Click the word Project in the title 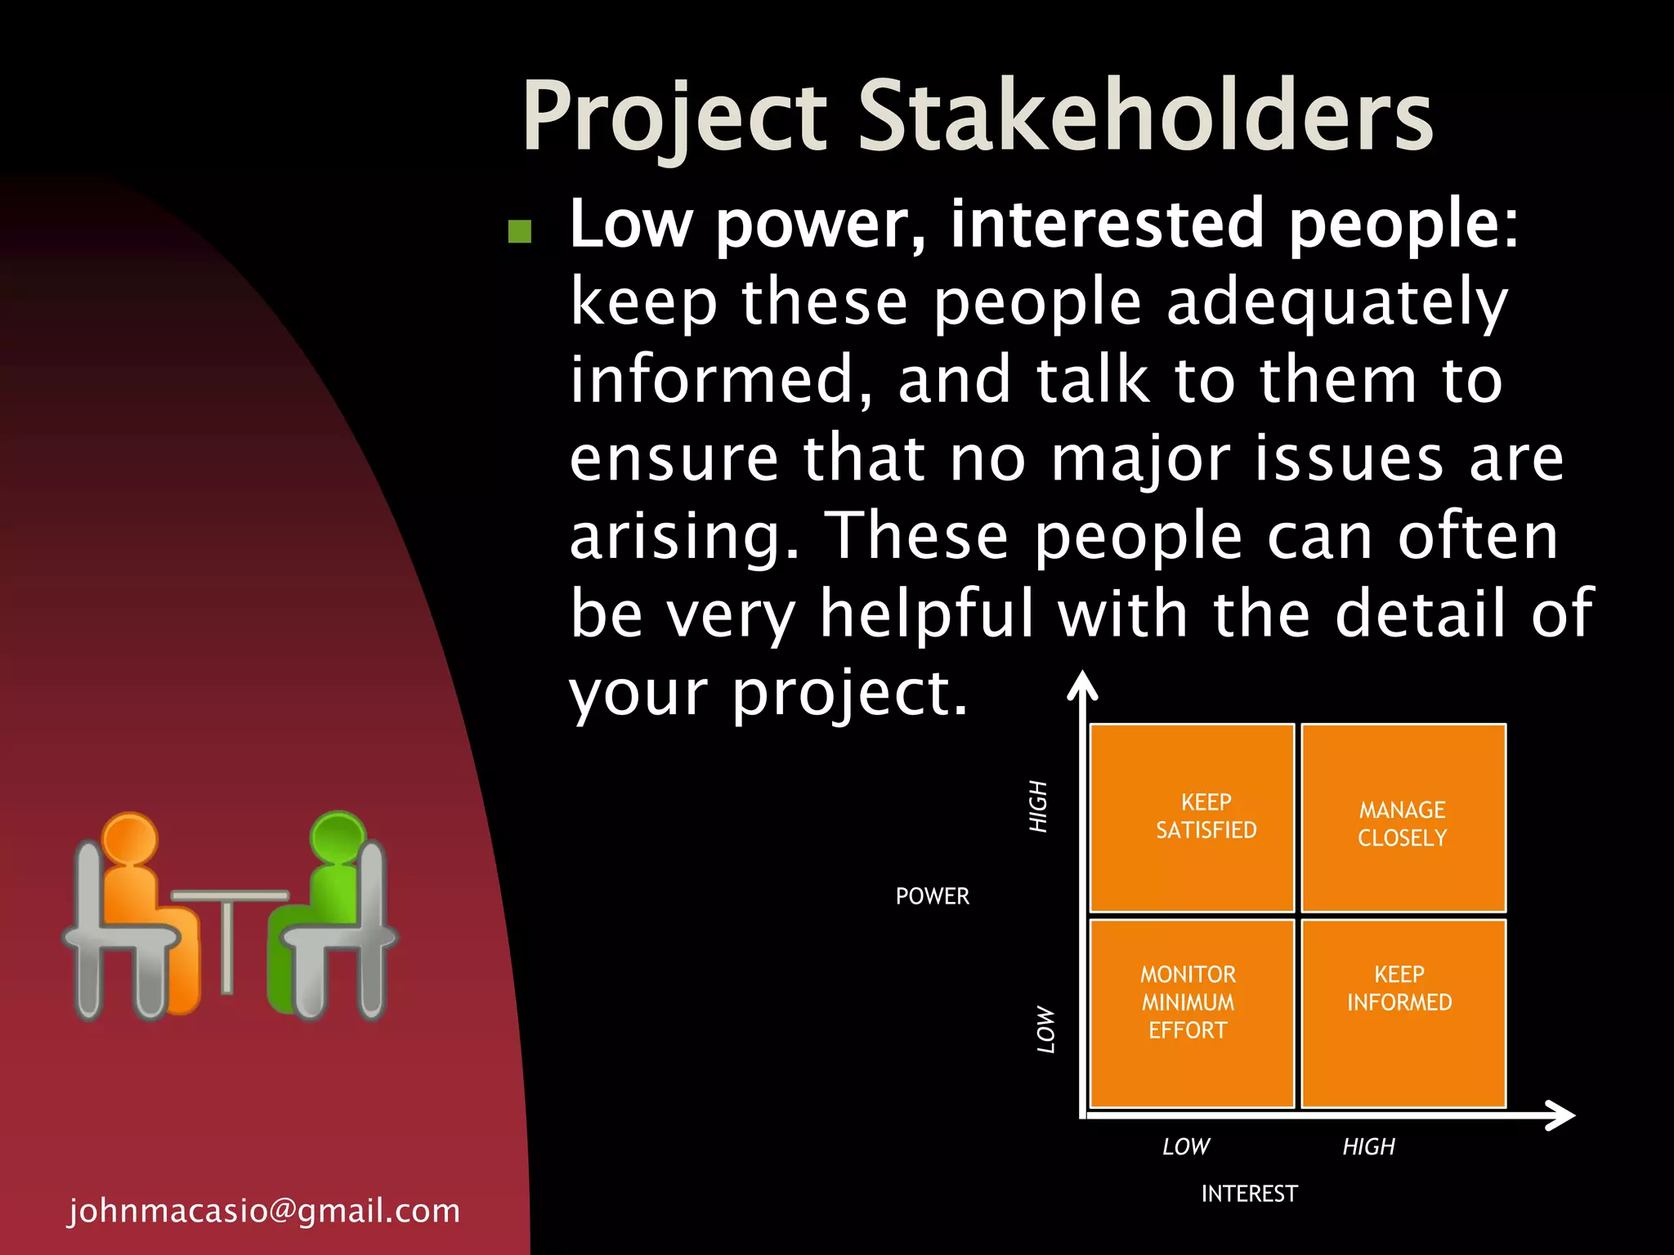coord(675,116)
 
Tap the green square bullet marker coord(520,231)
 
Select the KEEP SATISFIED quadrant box coord(1193,817)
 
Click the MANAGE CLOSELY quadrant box coord(1403,817)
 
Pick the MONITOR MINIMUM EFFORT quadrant coord(1193,1013)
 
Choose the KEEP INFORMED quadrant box coord(1403,1013)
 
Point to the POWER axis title coord(932,896)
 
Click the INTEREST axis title coord(1249,1194)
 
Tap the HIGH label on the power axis coord(1038,806)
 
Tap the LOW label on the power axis coord(1045,1029)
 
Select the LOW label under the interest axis coord(1186,1146)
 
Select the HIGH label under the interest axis coord(1369,1146)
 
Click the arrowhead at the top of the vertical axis coord(1082,685)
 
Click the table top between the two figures coord(229,895)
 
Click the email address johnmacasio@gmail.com coord(264,1210)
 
